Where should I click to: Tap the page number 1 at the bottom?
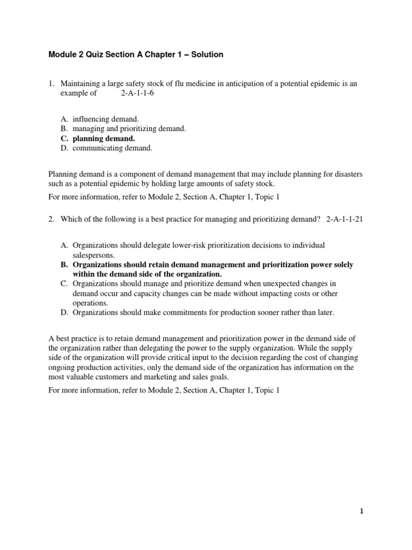[x=362, y=511]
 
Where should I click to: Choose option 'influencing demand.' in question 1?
[x=105, y=119]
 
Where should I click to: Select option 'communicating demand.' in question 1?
[x=113, y=148]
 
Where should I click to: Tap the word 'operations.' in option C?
[x=90, y=303]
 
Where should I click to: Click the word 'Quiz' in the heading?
[x=108, y=55]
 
